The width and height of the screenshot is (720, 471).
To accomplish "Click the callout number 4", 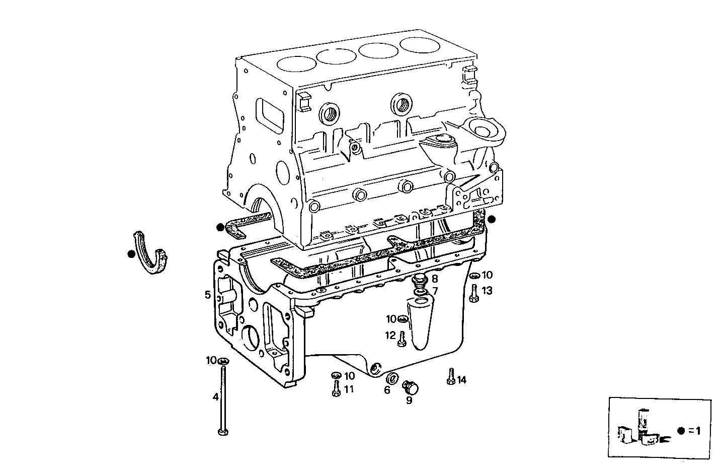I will pos(215,397).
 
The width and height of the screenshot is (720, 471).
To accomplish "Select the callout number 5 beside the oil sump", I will pos(207,295).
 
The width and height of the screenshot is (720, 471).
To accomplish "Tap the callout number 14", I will pos(461,380).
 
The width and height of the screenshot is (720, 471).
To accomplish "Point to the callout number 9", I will pos(409,400).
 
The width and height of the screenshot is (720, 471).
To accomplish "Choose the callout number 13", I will pos(487,291).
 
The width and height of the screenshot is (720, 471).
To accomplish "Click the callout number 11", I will pos(349,389).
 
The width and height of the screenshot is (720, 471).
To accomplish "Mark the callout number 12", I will pos(390,335).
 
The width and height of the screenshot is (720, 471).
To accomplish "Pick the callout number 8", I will pos(434,278).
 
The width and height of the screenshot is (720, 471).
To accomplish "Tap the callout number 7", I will pos(435,291).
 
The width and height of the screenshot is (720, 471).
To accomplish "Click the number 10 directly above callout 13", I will pos(487,275).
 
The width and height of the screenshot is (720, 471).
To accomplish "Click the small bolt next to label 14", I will pos(450,377).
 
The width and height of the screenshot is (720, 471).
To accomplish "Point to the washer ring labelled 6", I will pos(392,379).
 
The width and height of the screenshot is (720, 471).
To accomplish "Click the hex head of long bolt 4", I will pos(222,432).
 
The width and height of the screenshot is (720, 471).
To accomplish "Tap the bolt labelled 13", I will pos(473,293).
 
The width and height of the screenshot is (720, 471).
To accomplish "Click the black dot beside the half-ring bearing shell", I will pos(131,254).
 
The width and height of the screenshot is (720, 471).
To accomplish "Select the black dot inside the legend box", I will pos(681,430).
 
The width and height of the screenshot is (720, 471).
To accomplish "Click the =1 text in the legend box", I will pos(694,430).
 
